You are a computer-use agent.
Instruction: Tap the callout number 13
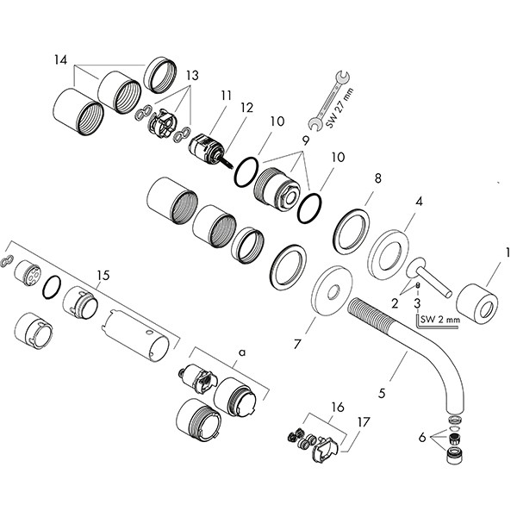[190, 76]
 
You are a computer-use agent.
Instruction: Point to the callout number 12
[246, 108]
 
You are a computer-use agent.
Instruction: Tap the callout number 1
[509, 254]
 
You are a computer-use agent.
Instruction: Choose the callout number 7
[297, 343]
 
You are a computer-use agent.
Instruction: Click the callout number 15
[103, 276]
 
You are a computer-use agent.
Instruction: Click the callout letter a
[241, 352]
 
